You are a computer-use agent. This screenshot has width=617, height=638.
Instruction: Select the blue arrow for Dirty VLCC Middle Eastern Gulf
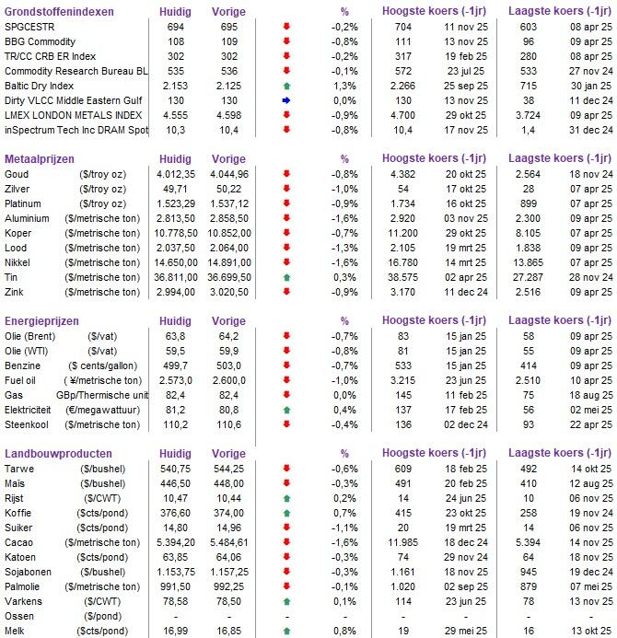[285, 99]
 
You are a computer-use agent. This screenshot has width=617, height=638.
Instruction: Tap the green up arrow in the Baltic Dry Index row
[285, 84]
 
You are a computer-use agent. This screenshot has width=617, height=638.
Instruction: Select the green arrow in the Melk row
[285, 631]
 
